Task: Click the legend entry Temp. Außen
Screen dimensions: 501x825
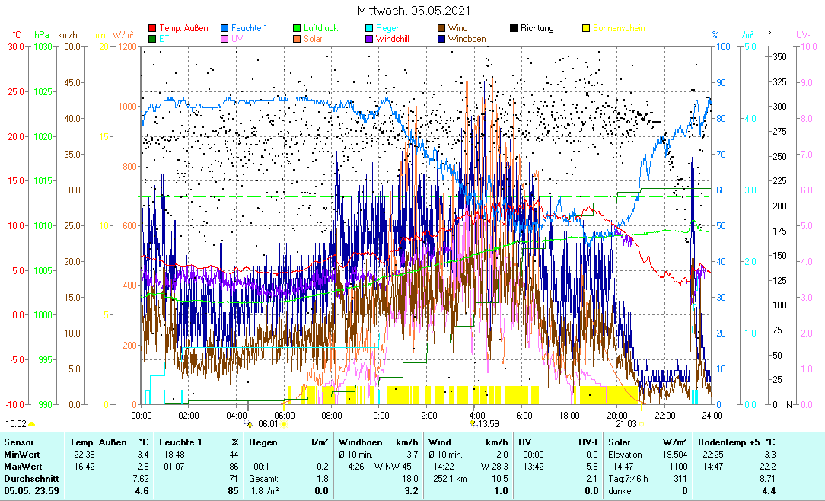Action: (183, 28)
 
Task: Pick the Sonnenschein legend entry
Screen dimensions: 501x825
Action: (620, 28)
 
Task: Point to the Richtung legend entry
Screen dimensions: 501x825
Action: (537, 28)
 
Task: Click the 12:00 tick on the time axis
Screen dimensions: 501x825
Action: (427, 415)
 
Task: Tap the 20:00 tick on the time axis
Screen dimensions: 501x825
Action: (617, 415)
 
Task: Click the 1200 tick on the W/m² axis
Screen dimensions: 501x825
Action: (129, 48)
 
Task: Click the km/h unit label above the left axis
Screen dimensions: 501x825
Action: (67, 35)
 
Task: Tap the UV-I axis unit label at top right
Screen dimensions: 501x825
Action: (804, 35)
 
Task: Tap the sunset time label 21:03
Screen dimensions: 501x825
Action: (626, 423)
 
